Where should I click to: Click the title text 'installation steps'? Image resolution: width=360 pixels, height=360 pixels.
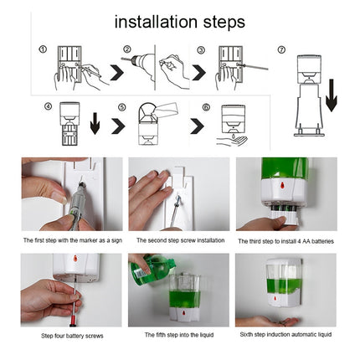(x=179, y=21)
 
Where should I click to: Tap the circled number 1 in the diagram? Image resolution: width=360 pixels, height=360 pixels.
(x=43, y=49)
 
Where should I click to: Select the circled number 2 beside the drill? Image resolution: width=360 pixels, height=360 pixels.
(x=127, y=50)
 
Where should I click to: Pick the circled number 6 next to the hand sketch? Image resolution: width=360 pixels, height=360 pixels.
(x=205, y=107)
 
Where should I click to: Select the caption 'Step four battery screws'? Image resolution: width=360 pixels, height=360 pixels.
(x=74, y=335)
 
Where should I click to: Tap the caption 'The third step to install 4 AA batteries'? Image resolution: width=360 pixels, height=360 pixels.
(x=285, y=240)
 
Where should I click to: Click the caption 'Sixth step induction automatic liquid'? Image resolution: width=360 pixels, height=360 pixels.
(x=285, y=335)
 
